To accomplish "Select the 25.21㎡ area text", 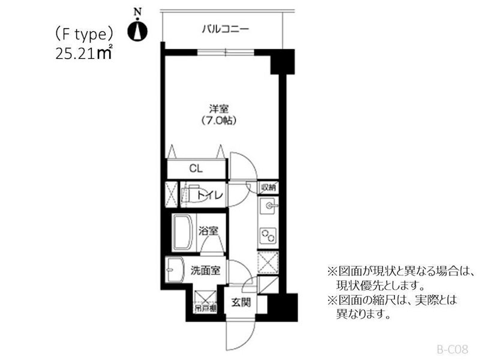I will (83, 54).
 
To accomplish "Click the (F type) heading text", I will (84, 34).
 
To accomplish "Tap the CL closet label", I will (196, 169).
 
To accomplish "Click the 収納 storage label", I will (268, 187).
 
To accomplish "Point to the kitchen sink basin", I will (268, 208).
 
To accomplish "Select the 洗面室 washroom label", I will (205, 271).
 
